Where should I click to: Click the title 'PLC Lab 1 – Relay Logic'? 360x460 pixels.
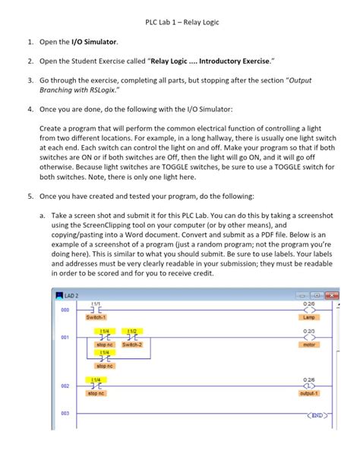[180, 22]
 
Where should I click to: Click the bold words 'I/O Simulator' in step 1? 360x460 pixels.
[95, 42]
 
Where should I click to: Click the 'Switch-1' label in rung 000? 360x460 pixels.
[97, 317]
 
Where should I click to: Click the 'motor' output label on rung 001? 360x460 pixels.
[308, 344]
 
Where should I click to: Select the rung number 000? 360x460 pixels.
[65, 310]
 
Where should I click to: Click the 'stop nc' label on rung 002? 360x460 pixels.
[97, 393]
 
